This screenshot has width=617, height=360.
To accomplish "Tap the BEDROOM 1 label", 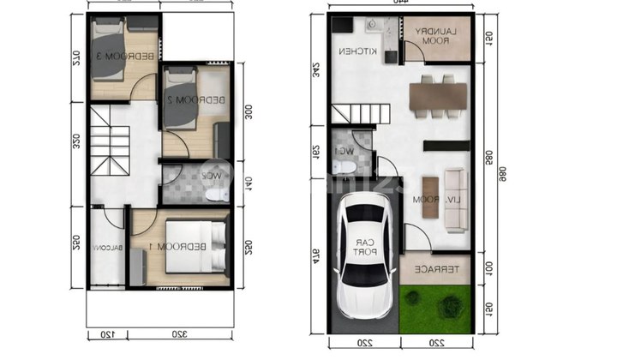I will click(x=186, y=247).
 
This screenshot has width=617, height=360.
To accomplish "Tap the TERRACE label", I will click(x=434, y=269).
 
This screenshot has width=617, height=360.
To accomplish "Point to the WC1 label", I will click(x=345, y=151).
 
